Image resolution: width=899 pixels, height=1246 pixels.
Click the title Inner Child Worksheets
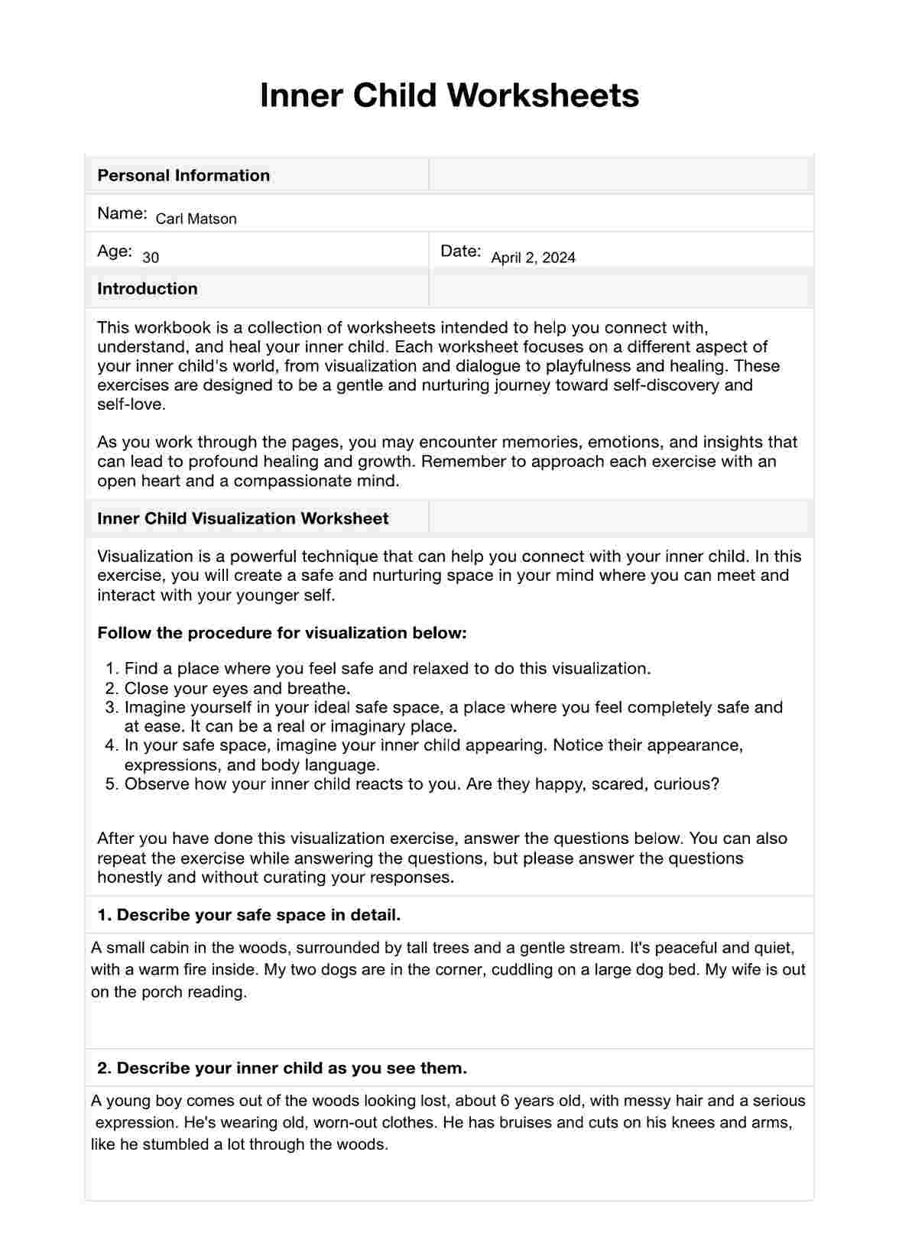tap(449, 96)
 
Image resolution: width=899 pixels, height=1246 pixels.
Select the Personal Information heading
tap(183, 175)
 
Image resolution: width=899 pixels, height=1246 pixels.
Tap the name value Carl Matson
tap(196, 219)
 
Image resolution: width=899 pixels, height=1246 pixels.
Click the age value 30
tap(151, 258)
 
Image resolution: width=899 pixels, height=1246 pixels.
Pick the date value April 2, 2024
tap(533, 258)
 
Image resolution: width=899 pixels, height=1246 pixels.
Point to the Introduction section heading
tap(147, 288)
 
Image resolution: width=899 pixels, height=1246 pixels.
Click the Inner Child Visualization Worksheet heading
tap(242, 518)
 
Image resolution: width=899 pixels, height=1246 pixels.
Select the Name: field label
tap(122, 213)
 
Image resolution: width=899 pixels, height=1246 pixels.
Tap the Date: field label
tap(460, 251)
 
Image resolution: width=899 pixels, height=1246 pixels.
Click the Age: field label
tap(114, 251)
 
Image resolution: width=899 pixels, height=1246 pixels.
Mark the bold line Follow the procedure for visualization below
tap(281, 633)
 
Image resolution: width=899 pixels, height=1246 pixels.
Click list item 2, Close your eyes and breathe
tap(237, 688)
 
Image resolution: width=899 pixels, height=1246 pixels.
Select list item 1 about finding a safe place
tap(387, 668)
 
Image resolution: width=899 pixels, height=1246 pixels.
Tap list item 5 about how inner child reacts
tap(421, 784)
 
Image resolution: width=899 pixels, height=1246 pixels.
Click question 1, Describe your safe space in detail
tap(248, 915)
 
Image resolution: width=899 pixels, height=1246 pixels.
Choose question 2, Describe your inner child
tap(281, 1068)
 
